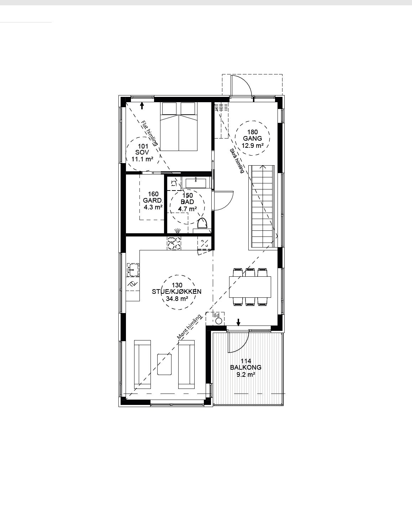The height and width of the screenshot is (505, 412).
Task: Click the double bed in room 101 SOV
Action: pos(179,126)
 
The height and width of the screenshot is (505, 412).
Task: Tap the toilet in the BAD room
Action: pos(202,223)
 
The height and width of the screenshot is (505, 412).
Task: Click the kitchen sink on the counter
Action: pos(133,270)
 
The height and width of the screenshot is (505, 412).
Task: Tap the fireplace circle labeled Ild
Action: pos(219,321)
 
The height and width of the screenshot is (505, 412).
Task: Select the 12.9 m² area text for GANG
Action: pos(252,145)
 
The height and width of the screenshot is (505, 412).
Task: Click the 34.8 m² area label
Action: pos(177,298)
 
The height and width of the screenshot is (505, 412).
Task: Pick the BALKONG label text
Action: pos(246,367)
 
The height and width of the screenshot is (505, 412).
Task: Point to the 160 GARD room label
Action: pos(153,197)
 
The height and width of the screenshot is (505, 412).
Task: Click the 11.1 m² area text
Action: pos(142,159)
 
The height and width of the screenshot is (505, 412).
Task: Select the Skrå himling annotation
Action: pos(237,161)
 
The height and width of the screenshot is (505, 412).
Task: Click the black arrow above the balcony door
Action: pos(238,322)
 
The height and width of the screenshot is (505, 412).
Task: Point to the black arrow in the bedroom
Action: pos(142,106)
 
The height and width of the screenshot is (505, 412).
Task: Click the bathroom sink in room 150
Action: pos(196,183)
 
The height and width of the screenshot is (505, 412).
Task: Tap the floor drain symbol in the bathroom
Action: pos(177,230)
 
